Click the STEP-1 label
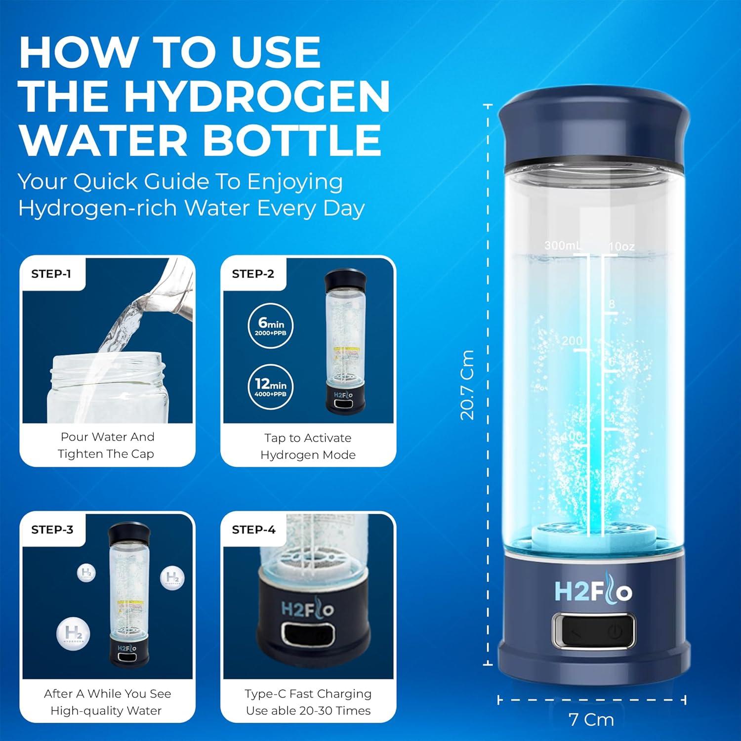click(x=51, y=274)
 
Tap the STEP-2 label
click(x=253, y=274)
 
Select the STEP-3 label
click(x=52, y=530)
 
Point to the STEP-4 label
click(x=253, y=530)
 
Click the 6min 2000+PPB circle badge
click(x=270, y=325)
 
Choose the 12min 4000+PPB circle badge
click(x=270, y=386)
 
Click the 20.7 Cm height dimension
click(x=467, y=384)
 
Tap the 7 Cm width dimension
click(x=591, y=719)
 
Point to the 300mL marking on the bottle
click(x=562, y=245)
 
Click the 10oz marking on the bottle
click(x=621, y=246)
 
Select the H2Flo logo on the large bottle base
click(x=593, y=591)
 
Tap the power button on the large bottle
click(x=615, y=631)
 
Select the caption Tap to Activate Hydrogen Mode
click(x=308, y=446)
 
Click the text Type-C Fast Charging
click(x=308, y=694)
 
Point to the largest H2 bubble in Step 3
click(x=73, y=633)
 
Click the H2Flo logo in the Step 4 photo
click(x=307, y=609)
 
